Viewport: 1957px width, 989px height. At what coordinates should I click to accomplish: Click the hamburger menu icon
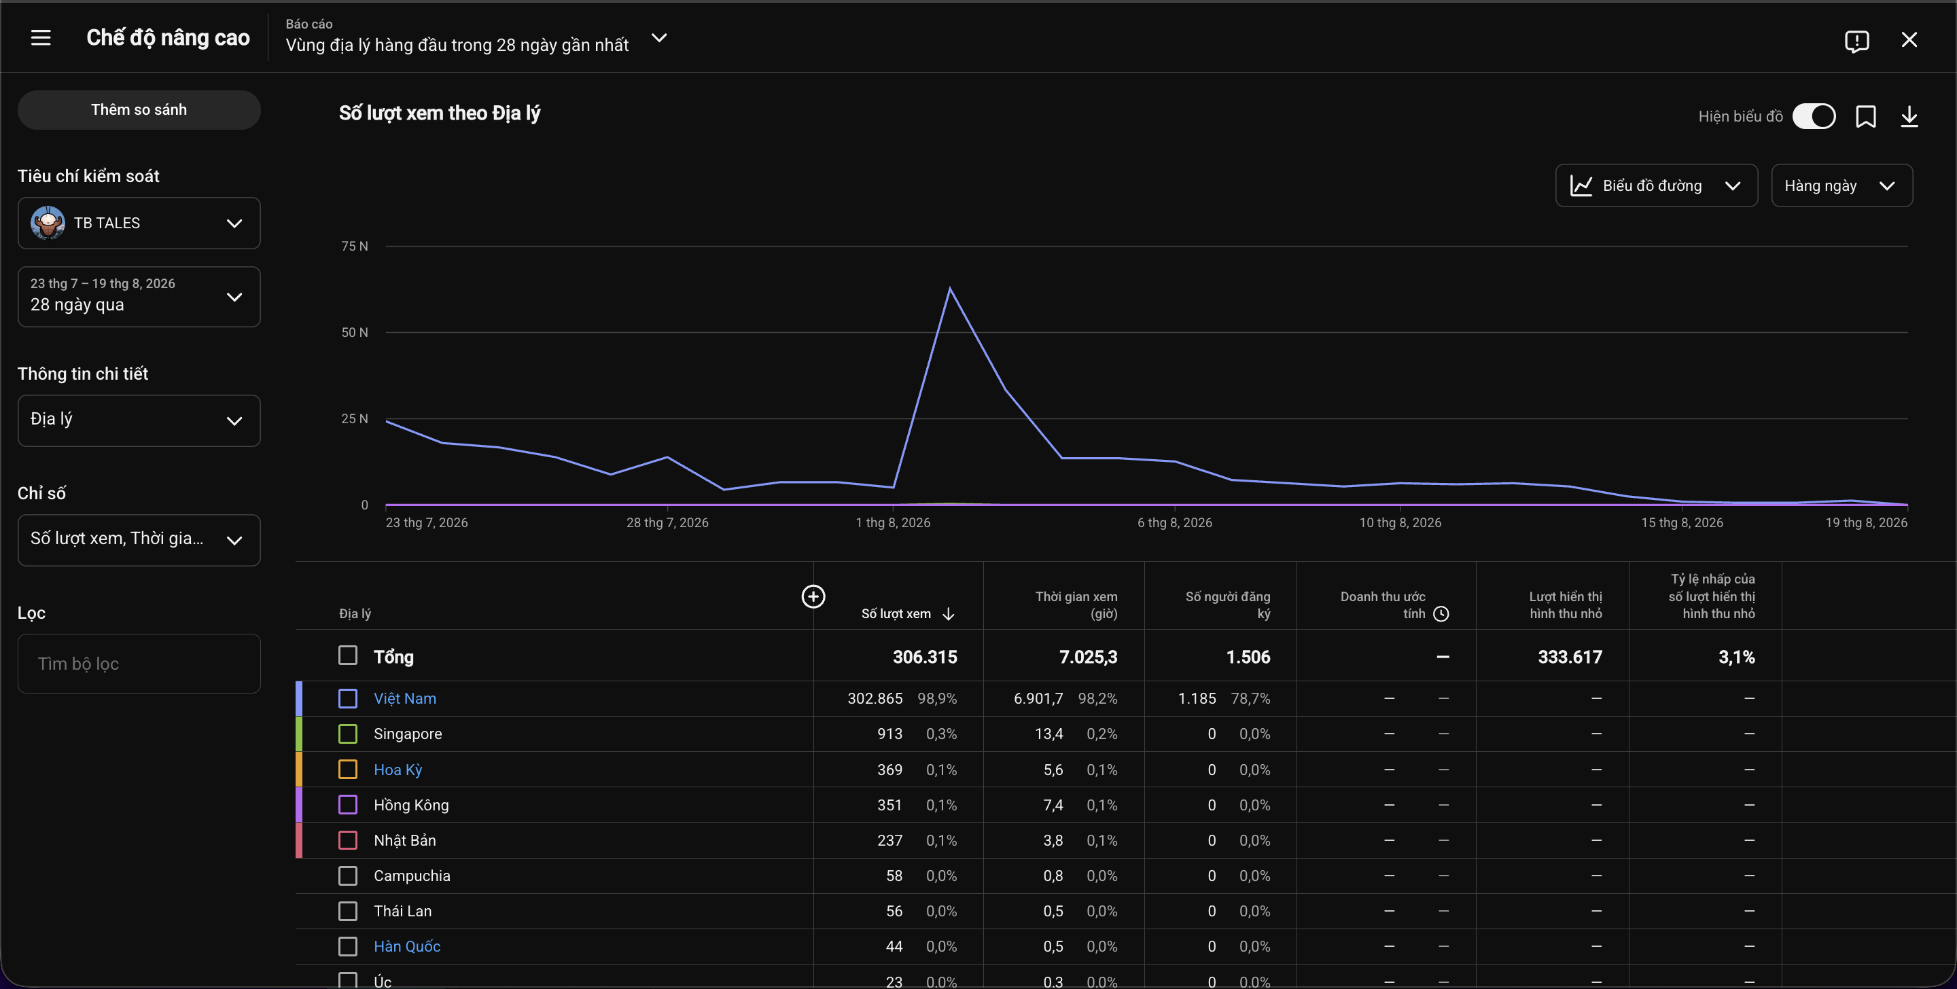pyautogui.click(x=41, y=38)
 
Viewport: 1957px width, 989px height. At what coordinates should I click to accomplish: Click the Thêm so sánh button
pyautogui.click(x=139, y=110)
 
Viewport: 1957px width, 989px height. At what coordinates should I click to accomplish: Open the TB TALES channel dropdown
pyautogui.click(x=139, y=223)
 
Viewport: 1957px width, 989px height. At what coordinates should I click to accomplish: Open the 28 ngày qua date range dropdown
pyautogui.click(x=139, y=296)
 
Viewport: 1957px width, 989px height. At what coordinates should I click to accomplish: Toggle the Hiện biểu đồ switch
pyautogui.click(x=1814, y=116)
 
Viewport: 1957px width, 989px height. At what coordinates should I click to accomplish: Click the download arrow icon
pyautogui.click(x=1909, y=116)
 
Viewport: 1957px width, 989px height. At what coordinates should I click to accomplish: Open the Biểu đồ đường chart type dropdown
pyautogui.click(x=1656, y=186)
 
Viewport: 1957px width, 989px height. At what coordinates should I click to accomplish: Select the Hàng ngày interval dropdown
pyautogui.click(x=1841, y=186)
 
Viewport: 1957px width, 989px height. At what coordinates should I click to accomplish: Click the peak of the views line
pyautogui.click(x=950, y=288)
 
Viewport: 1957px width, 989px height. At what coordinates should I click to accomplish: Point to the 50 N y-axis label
pyautogui.click(x=354, y=333)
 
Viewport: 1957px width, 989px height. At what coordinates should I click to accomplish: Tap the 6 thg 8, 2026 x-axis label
pyautogui.click(x=1174, y=522)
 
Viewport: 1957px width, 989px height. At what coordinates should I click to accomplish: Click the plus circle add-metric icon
pyautogui.click(x=813, y=597)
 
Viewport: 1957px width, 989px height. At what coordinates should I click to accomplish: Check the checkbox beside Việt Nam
pyautogui.click(x=348, y=699)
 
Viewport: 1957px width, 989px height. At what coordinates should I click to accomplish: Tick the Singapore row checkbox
pyautogui.click(x=348, y=734)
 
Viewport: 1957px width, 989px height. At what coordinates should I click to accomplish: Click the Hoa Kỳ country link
pyautogui.click(x=398, y=770)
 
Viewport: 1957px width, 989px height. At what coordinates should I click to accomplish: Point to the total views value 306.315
pyautogui.click(x=925, y=657)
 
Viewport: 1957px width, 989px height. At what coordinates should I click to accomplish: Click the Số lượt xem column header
pyautogui.click(x=896, y=614)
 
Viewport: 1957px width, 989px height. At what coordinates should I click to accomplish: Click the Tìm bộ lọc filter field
pyautogui.click(x=139, y=664)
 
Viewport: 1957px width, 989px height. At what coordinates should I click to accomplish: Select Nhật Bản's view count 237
pyautogui.click(x=889, y=841)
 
